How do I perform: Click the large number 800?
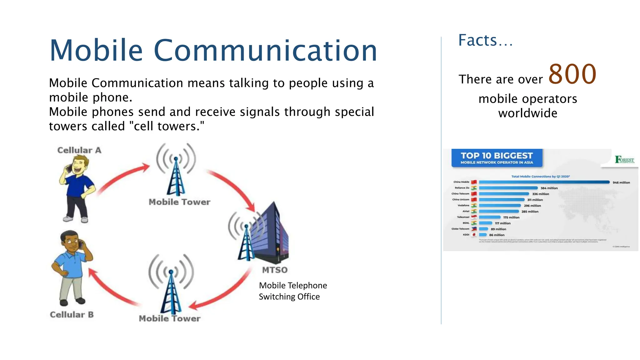[x=572, y=74]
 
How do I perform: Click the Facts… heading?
[x=485, y=41]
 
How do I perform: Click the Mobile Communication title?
[x=213, y=51]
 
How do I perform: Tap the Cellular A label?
[x=79, y=150]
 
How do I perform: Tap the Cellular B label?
[x=72, y=315]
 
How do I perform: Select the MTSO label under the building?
[x=275, y=270]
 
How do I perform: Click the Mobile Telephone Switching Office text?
[x=292, y=291]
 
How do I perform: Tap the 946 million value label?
[x=621, y=182]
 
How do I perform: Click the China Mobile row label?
[x=461, y=182]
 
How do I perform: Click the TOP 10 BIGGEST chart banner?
[x=497, y=158]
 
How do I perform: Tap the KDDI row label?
[x=466, y=235]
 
